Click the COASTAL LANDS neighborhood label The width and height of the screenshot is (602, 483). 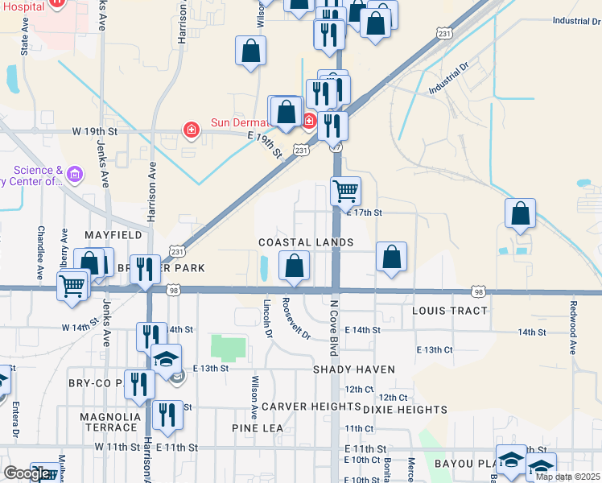tap(306, 242)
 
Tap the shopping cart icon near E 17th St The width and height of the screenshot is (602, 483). tap(345, 192)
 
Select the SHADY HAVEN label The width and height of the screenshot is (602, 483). tap(354, 369)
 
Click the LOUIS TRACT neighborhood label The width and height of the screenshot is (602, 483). tap(449, 311)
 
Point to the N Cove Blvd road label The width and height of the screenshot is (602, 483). tap(333, 328)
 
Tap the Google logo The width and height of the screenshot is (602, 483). tap(26, 473)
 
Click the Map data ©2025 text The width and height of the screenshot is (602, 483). tap(567, 477)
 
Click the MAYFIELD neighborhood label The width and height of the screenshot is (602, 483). tap(113, 235)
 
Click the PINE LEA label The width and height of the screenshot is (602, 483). tap(258, 428)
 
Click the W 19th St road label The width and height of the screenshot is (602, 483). tap(95, 130)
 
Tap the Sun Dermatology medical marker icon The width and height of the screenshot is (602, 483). tap(191, 130)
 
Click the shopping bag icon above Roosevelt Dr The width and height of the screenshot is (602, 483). tap(295, 264)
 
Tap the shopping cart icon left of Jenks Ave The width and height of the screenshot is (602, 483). tap(72, 284)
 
